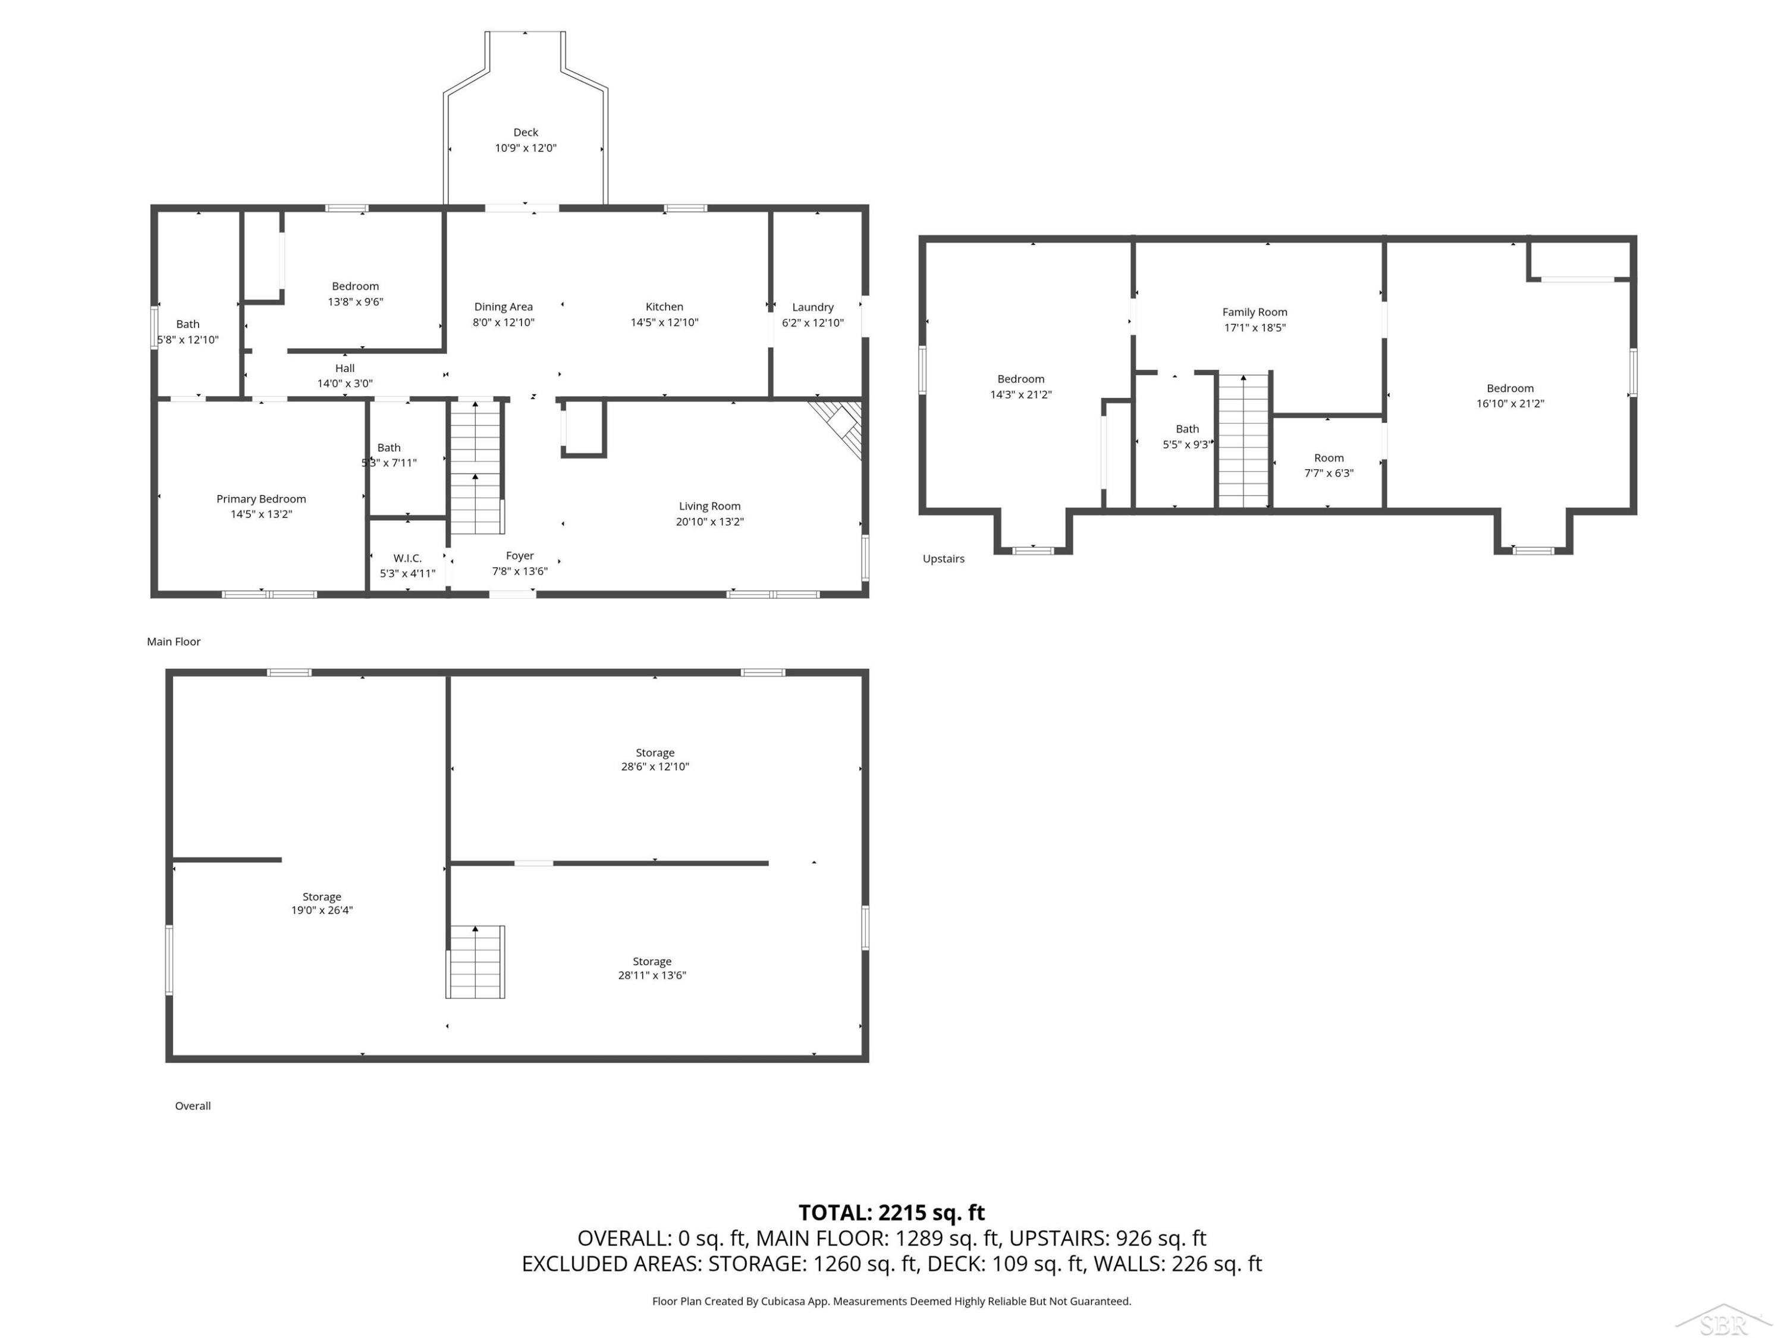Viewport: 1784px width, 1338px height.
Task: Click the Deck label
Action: point(525,132)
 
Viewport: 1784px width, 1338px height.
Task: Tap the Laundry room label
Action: point(812,307)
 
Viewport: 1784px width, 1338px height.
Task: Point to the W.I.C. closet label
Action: point(407,558)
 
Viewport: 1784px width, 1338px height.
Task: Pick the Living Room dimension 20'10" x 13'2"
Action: point(709,522)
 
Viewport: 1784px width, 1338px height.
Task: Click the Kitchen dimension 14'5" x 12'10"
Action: point(665,322)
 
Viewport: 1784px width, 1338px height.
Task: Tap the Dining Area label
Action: point(503,306)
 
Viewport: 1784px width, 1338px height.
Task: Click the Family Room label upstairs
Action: point(1254,312)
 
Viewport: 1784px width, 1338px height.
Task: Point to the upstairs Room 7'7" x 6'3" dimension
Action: point(1328,473)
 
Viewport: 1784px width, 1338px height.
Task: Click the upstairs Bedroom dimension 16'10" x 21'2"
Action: point(1510,404)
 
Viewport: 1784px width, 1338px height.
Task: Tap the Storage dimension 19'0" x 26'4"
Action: point(322,910)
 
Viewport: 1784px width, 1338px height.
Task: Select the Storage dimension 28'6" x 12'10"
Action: point(654,767)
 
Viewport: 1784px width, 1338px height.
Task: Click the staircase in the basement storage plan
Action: point(476,962)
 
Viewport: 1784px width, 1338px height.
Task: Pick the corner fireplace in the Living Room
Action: point(838,428)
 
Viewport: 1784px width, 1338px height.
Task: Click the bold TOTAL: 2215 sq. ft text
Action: point(891,1213)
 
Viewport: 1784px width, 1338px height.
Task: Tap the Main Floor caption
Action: point(174,642)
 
